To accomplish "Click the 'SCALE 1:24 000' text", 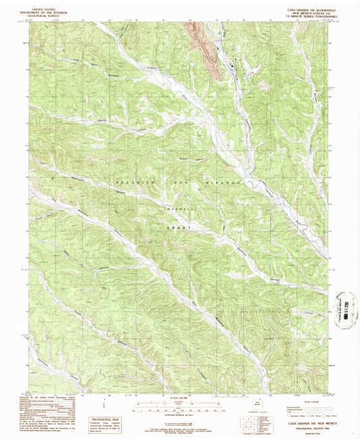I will pyautogui.click(x=180, y=398).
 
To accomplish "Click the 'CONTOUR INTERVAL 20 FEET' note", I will pyautogui.click(x=180, y=413).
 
